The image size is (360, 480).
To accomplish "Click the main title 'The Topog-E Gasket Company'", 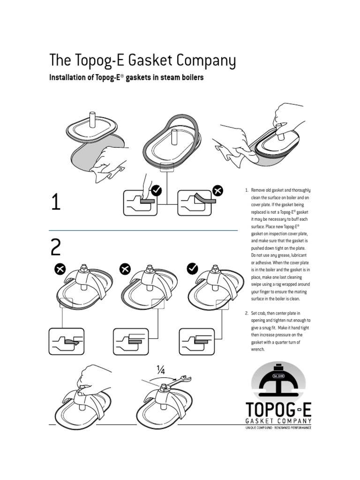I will (142, 61).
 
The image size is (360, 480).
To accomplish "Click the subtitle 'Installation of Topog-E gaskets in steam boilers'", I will (127, 78).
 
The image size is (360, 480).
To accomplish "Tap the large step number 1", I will (56, 203).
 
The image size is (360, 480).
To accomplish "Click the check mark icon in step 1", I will (156, 190).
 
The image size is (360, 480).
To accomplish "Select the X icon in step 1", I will (217, 191).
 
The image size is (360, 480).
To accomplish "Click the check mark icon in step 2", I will (192, 269).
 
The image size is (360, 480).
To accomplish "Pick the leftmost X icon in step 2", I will (60, 269).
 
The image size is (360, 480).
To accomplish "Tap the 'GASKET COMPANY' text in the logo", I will (278, 422).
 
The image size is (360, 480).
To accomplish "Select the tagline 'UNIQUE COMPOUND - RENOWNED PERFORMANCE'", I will (278, 428).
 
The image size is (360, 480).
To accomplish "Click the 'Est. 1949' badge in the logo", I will (278, 375).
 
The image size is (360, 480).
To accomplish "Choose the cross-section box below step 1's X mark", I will (196, 202).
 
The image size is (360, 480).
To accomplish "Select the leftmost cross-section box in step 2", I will (66, 341).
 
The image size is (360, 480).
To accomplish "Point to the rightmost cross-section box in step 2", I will (196, 341).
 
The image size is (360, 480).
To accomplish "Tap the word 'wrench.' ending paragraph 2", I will (258, 350).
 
